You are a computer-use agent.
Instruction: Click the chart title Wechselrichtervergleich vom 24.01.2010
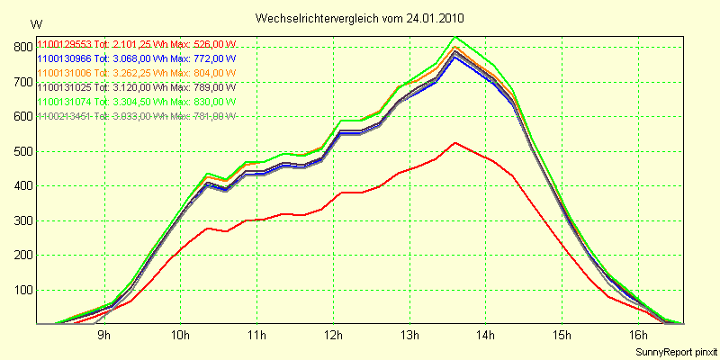360,18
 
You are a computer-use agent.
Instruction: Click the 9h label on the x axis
103,337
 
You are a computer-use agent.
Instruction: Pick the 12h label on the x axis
333,337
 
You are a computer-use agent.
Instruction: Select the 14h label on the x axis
486,337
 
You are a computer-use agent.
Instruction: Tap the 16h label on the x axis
639,337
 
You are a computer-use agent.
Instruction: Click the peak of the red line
455,142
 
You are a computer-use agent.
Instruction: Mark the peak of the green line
455,37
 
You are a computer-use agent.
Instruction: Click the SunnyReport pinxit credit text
675,351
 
